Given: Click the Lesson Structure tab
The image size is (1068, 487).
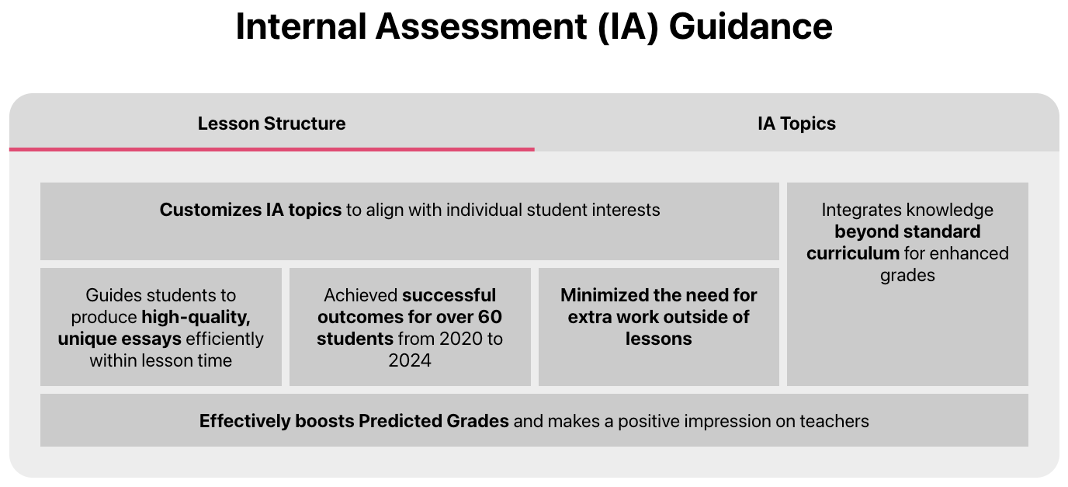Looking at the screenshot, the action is tap(272, 123).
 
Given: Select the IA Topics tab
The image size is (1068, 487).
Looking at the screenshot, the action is tap(796, 123).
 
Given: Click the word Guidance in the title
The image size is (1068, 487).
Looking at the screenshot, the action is tap(751, 26).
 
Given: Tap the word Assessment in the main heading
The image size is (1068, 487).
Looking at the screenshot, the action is tap(481, 26).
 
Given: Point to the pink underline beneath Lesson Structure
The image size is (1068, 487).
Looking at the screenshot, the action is tap(272, 149).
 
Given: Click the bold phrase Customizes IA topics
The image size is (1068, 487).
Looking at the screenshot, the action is tap(250, 210).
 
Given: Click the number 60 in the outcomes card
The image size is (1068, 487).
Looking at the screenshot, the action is tap(489, 317).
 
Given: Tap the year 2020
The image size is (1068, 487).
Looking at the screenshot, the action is tap(460, 339).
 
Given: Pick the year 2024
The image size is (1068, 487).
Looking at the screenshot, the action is tap(410, 360).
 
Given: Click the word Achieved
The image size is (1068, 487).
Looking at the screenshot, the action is tap(360, 295).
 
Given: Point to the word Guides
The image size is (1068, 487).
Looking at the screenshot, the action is tap(113, 295).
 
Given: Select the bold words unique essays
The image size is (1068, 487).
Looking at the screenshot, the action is tap(120, 339).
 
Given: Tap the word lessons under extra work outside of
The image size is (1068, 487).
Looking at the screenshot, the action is tap(658, 339).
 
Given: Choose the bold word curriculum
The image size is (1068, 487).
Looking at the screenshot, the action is tap(853, 253).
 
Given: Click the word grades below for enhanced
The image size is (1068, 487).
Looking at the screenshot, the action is tap(907, 276).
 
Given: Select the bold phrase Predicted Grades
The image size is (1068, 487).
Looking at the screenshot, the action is tap(433, 421).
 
